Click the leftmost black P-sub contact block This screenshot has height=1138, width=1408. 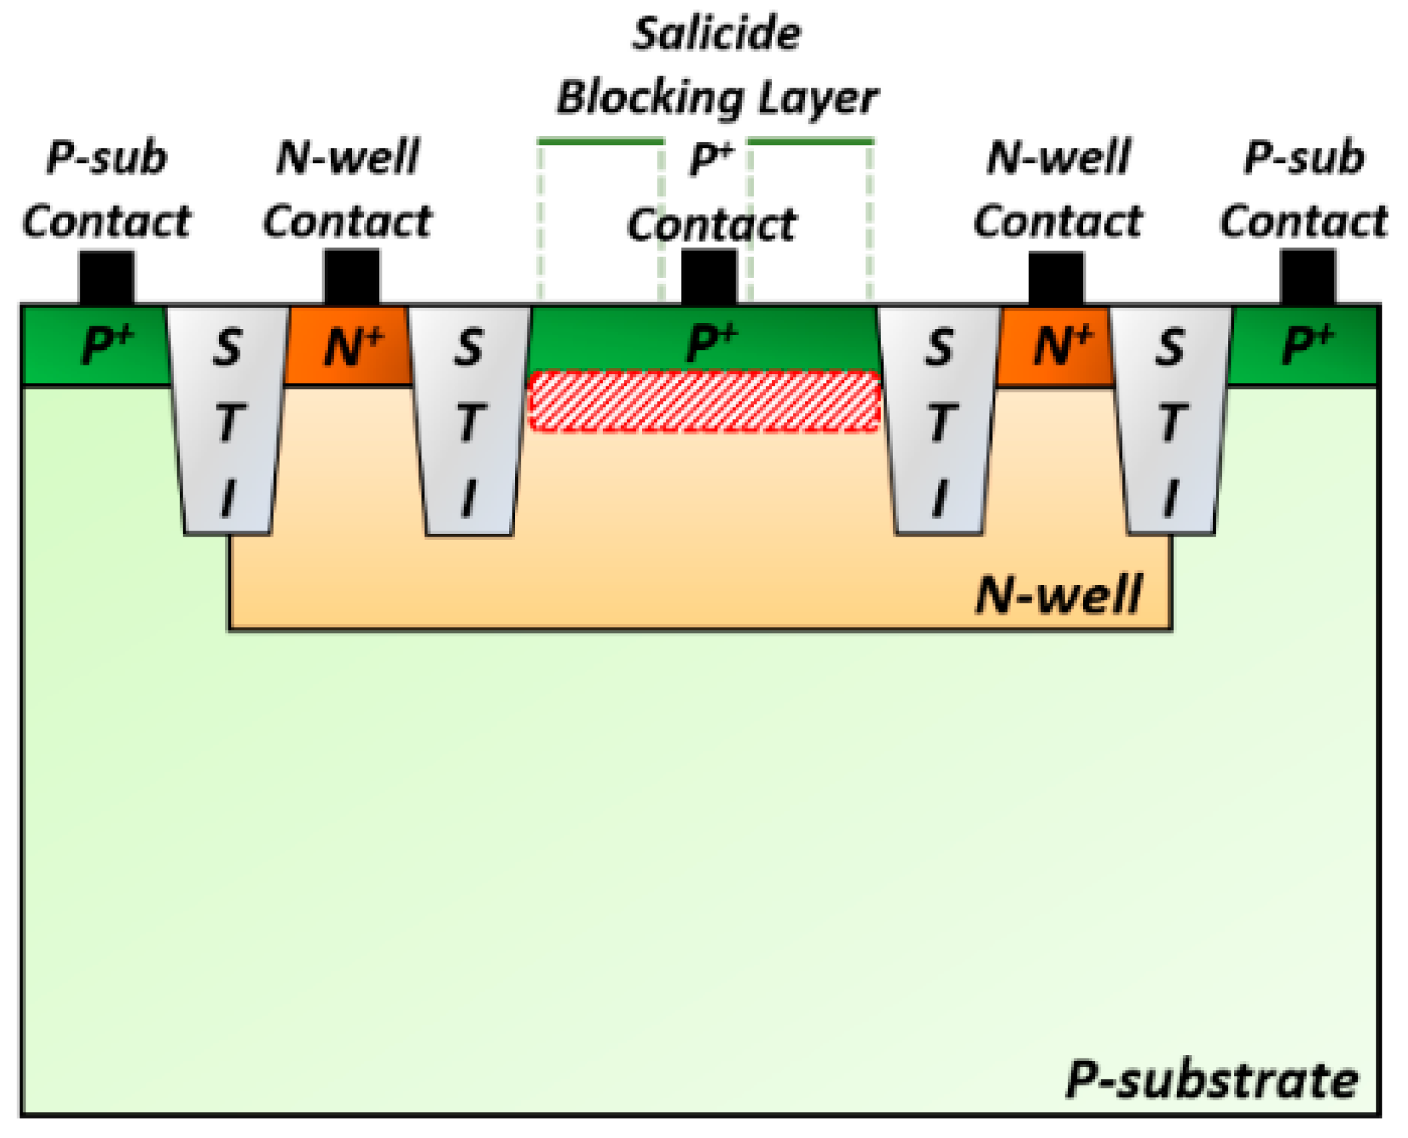(107, 278)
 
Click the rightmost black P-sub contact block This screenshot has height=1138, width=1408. (1307, 278)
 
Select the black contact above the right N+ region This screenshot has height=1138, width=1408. (1055, 278)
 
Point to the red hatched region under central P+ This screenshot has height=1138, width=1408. (704, 402)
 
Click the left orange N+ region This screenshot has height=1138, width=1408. (349, 347)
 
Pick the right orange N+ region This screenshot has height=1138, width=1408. (1055, 347)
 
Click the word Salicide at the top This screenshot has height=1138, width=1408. (716, 34)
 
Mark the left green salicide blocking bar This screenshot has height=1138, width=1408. (600, 142)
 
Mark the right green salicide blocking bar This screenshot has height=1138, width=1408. (811, 142)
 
